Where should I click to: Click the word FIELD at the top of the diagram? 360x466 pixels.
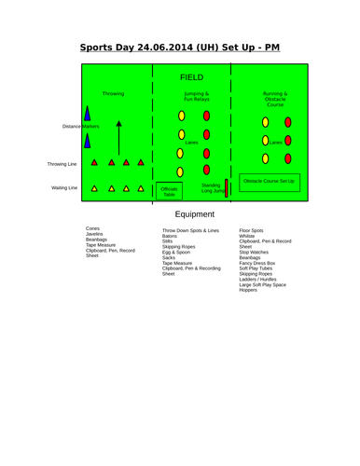192,76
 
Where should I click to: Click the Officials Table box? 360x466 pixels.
169,192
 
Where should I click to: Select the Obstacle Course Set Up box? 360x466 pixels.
269,180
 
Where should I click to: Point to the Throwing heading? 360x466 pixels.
113,94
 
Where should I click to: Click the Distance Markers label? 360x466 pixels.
80,126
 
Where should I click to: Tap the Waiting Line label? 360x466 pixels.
64,187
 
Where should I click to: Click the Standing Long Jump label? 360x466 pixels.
212,188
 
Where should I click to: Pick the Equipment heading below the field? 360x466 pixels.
194,214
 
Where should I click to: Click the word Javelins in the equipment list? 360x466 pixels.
94,234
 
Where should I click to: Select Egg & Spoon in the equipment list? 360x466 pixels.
175,253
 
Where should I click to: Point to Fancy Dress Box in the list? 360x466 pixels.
256,263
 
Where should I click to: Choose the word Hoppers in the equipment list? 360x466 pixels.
248,290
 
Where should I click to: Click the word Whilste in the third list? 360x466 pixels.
247,235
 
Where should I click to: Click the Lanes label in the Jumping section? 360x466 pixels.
192,143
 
